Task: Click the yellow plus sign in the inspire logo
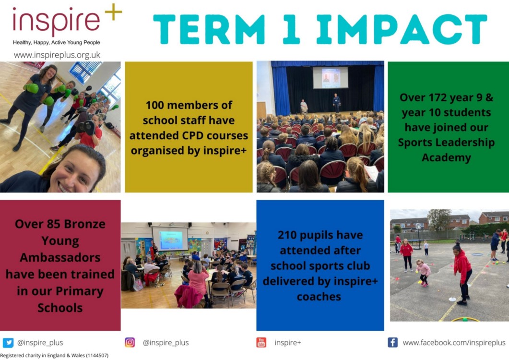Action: coord(113,12)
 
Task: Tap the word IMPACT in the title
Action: coord(402,29)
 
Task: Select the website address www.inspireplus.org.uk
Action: coord(57,55)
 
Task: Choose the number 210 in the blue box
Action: coord(289,235)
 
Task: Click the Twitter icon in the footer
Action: coord(8,342)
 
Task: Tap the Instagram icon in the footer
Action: coord(130,342)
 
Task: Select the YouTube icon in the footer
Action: coord(261,342)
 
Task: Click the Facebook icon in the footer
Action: coord(393,342)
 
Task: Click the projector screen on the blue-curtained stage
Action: coord(331,78)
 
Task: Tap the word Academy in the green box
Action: coord(446,157)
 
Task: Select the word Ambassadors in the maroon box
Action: coord(60,257)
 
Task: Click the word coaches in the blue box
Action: coord(319,297)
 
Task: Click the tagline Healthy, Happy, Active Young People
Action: coord(57,43)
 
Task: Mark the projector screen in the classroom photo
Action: coord(170,239)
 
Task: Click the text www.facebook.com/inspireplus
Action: coord(454,342)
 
